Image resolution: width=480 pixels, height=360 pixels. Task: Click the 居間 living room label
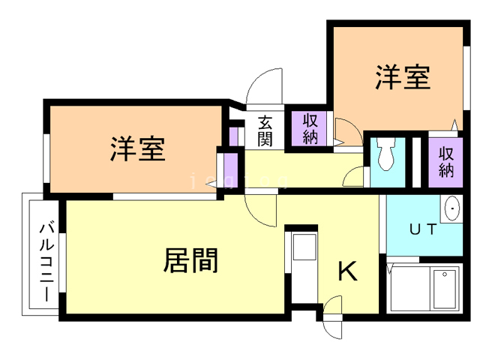190,259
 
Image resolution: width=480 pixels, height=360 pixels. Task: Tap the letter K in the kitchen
346,271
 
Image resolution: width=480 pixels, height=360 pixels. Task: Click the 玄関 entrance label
265,130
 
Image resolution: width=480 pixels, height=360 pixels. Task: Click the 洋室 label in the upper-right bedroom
403,77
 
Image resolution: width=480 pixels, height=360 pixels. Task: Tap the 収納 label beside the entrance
310,129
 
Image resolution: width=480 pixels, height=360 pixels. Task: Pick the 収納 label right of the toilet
446,160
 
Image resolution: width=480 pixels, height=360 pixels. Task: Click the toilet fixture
386,155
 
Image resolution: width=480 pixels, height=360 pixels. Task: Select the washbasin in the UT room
452,209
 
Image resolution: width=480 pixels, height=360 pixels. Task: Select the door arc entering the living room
262,211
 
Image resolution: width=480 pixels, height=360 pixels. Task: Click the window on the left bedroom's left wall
46,157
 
